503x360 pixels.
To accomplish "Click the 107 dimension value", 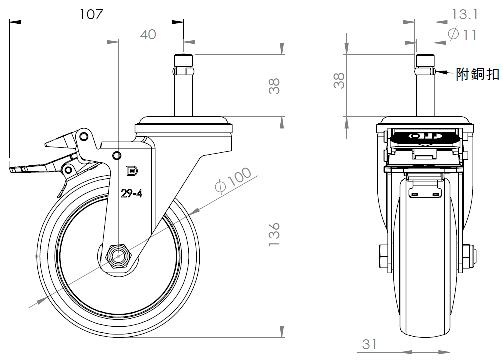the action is click(91, 14).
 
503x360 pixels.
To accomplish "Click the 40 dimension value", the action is click(148, 34).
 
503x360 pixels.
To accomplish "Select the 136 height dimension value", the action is click(274, 235).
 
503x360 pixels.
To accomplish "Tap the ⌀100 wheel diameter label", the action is click(233, 180).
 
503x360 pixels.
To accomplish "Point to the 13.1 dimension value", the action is click(465, 14).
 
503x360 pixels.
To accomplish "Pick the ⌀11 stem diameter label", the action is click(462, 34).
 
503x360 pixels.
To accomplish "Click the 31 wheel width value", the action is click(369, 344).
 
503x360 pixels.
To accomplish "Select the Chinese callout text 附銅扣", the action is click(478, 74).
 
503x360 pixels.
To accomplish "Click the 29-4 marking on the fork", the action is click(131, 193).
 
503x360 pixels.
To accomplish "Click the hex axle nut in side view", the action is click(119, 256).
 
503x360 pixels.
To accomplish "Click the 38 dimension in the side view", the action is click(274, 86).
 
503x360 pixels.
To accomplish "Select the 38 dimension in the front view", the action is click(339, 80).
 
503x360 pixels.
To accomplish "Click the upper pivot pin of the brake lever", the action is click(84, 136).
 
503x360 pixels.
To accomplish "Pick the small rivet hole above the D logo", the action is click(117, 156).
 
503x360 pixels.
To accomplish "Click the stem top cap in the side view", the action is click(184, 60).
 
